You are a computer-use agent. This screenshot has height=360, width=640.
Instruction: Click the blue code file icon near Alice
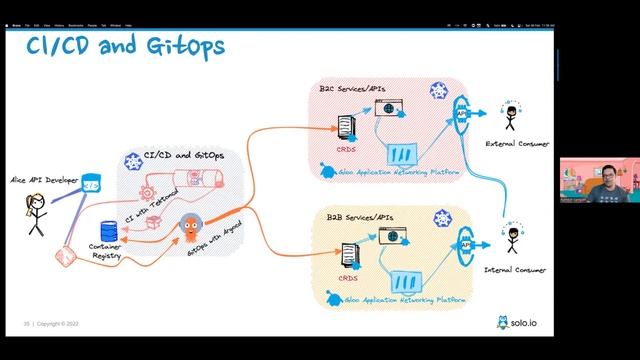91,183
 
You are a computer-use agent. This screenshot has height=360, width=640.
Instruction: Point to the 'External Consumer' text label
517,145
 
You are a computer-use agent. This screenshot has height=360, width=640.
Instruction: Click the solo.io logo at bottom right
515,322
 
